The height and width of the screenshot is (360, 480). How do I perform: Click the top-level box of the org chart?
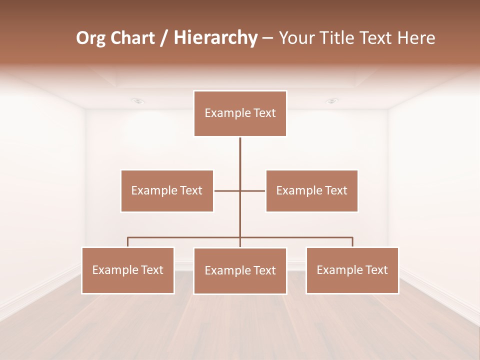point(240,113)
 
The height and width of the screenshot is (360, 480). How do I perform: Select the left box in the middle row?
point(167,190)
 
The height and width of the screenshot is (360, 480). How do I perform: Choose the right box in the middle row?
point(311,190)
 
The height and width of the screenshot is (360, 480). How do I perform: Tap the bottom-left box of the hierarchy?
point(128,270)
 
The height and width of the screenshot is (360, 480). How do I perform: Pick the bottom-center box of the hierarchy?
point(240,270)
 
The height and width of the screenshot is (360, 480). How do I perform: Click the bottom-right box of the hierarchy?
point(352,270)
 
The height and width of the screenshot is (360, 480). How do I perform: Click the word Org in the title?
point(90,38)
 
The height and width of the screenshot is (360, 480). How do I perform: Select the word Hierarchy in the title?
point(215,38)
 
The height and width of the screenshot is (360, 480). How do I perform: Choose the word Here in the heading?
point(416,38)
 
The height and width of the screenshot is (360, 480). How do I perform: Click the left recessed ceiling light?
point(138,101)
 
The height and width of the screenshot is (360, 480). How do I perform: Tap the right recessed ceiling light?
point(332,101)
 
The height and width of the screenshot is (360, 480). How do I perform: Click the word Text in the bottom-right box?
point(376,270)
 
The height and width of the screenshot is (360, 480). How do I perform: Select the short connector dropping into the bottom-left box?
point(128,242)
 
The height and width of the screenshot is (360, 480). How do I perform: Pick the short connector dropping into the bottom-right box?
point(352,242)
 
